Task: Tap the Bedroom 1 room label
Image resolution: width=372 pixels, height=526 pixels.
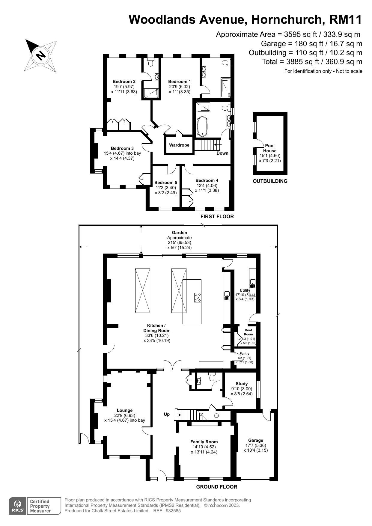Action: pos(179,82)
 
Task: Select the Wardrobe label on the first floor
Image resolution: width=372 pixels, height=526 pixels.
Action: pos(179,145)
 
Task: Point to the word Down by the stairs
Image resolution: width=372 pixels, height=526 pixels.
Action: pos(222,153)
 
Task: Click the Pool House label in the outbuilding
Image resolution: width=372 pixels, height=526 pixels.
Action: pos(270,148)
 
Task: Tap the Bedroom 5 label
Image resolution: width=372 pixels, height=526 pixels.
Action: pos(165,183)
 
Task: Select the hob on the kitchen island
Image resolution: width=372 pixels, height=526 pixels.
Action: pos(198,297)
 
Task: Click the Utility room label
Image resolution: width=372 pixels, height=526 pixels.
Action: pos(245,290)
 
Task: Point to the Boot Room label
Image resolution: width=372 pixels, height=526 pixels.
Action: pos(248,332)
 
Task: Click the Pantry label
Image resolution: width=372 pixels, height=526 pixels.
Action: pos(245,354)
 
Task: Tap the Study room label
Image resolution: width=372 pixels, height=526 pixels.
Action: pos(242,384)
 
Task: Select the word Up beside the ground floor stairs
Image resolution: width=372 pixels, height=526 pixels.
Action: pos(167,414)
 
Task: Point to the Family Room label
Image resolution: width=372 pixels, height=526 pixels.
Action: pos(204,442)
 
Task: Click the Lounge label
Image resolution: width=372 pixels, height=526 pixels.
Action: pos(125,410)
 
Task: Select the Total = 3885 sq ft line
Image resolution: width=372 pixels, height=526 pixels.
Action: pos(312,62)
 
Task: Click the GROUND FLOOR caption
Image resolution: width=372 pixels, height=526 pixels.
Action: pos(216,487)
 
